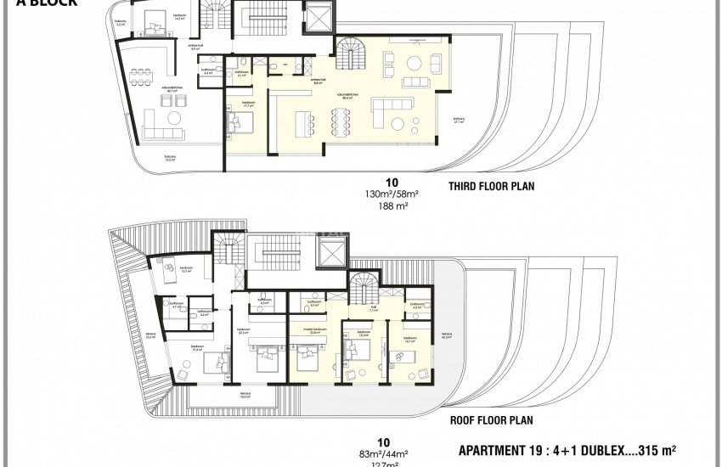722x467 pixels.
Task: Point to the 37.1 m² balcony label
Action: click(x=459, y=120)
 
